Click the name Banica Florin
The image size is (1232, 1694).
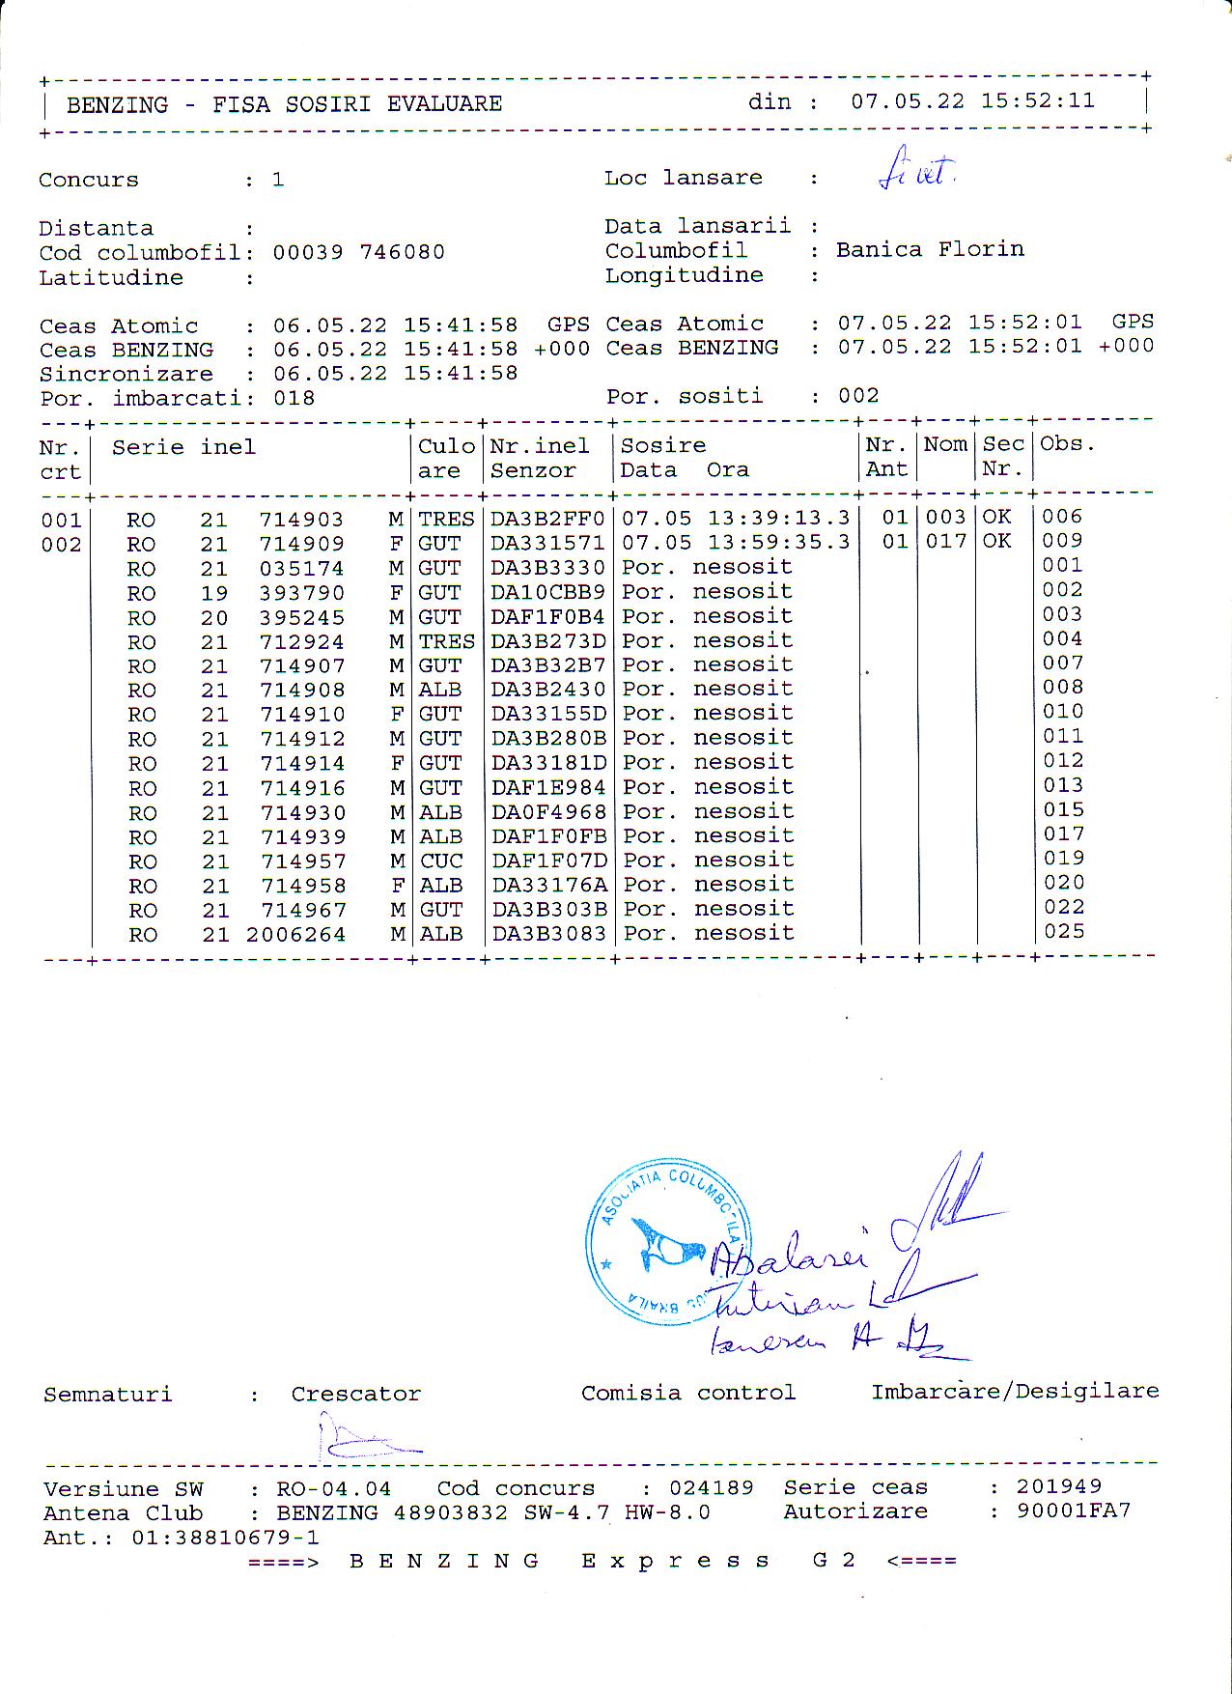point(930,249)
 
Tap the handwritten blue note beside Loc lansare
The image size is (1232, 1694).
point(916,171)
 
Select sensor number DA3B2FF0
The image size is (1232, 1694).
point(547,519)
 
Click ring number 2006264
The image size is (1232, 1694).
point(295,935)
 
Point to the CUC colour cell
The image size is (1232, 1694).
point(441,861)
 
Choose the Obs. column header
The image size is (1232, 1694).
point(1067,444)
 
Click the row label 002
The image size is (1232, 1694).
point(61,545)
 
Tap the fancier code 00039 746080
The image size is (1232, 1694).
point(358,252)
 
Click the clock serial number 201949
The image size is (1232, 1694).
point(1058,1486)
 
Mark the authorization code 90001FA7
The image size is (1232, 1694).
point(1073,1510)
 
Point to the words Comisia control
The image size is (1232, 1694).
point(687,1393)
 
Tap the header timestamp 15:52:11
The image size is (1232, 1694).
point(1038,101)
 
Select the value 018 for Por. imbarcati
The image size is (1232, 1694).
point(294,398)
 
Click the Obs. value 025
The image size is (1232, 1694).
point(1063,932)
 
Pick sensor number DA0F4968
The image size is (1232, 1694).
point(548,812)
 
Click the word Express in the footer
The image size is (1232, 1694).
point(675,1561)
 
